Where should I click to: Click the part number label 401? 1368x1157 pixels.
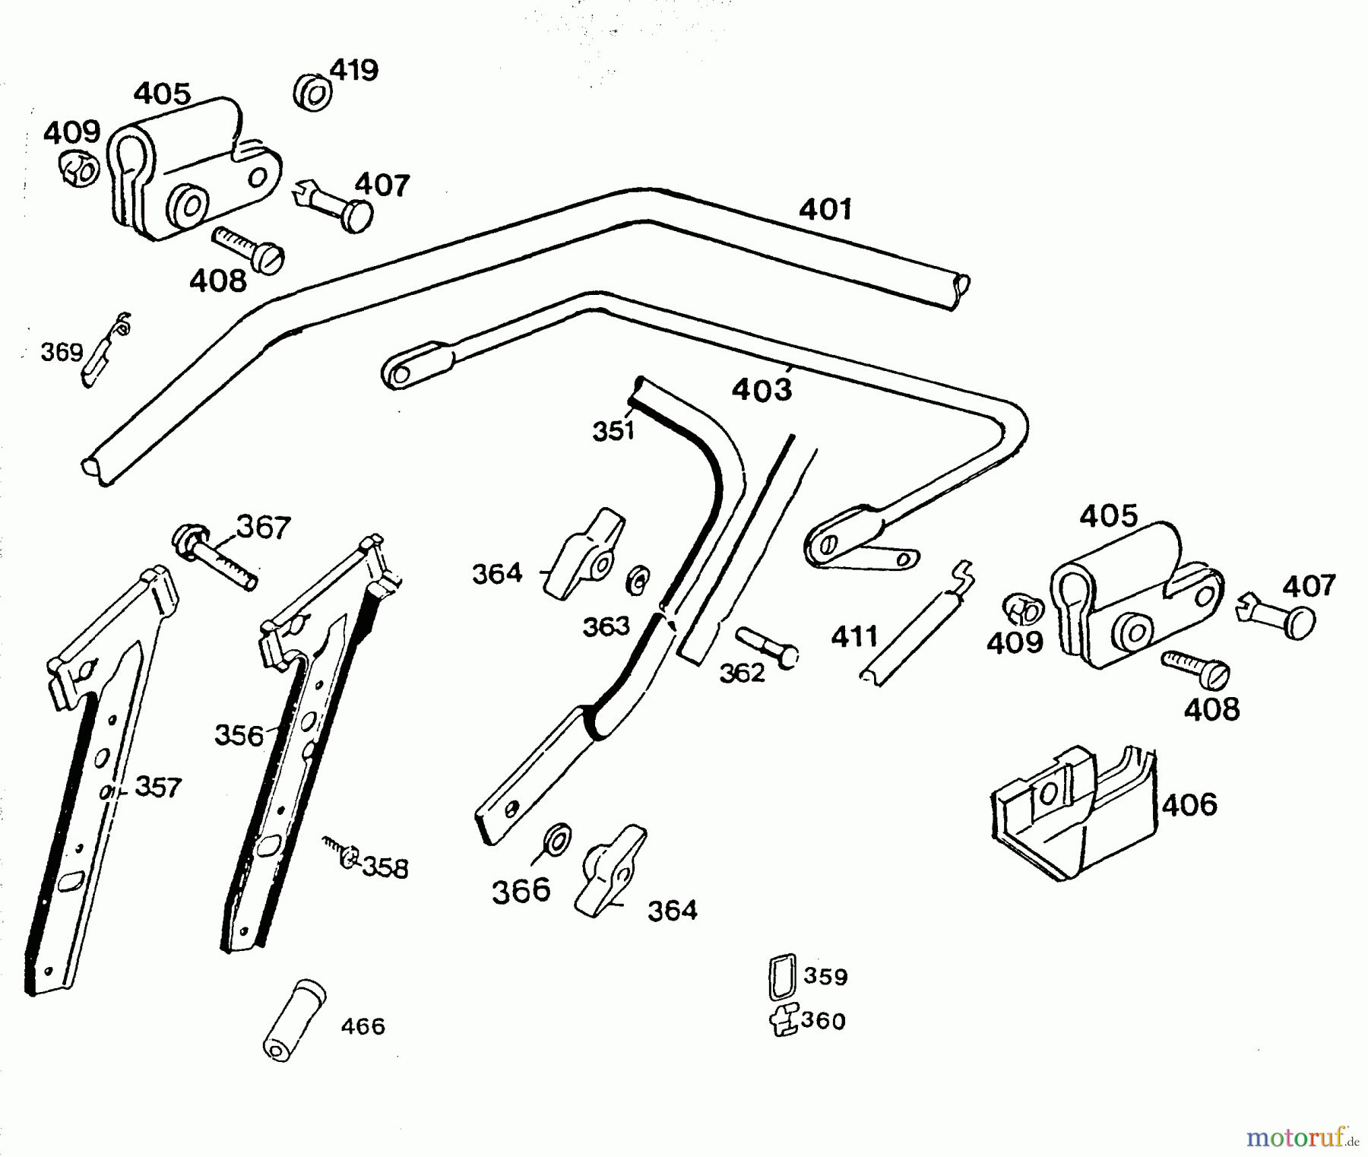click(x=825, y=209)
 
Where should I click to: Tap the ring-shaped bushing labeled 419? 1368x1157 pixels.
click(x=312, y=93)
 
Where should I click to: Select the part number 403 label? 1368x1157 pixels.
click(x=762, y=391)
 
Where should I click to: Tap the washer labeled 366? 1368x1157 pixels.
click(x=559, y=839)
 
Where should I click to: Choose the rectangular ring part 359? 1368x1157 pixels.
click(x=782, y=976)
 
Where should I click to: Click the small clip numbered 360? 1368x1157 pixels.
click(x=783, y=1019)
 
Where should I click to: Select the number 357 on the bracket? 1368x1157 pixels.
click(x=158, y=787)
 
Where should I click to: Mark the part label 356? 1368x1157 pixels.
click(x=239, y=735)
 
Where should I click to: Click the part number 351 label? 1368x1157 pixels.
click(x=613, y=431)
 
